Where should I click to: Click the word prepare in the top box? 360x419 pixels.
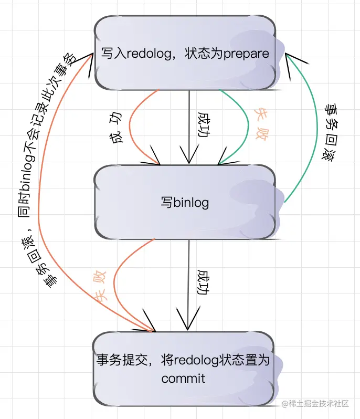(x=246, y=54)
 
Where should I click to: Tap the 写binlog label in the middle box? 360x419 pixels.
(x=185, y=202)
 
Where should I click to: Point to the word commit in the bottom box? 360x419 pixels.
(x=184, y=378)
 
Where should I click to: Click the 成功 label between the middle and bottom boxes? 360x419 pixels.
(x=204, y=283)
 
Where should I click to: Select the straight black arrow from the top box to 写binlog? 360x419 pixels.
(x=188, y=126)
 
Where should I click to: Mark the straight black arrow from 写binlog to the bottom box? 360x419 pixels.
(x=187, y=284)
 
